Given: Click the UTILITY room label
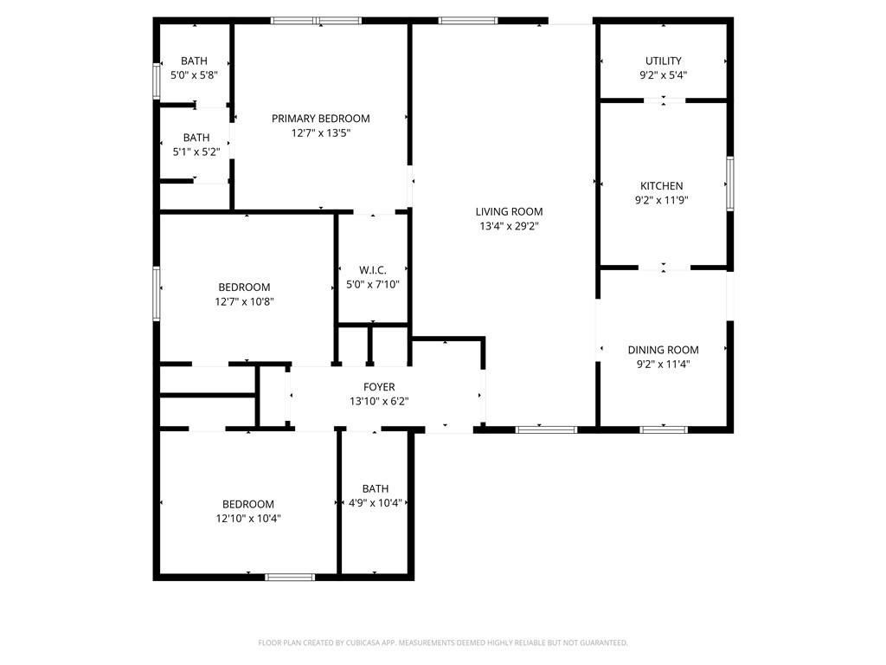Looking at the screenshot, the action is [x=664, y=61].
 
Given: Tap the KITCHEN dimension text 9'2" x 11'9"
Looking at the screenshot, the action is [x=662, y=200].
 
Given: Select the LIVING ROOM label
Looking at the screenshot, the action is [x=509, y=211].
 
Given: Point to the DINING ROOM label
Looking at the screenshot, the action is [x=664, y=350].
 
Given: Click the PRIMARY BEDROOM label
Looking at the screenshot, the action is [x=321, y=119].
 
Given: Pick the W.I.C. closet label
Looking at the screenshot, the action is [x=373, y=270].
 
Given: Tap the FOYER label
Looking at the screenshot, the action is [x=379, y=387].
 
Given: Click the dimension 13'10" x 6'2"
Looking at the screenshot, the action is [x=379, y=402].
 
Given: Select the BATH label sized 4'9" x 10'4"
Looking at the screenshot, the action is [x=376, y=488].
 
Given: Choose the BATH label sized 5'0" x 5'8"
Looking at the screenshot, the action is [x=194, y=61].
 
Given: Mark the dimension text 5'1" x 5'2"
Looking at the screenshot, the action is [x=196, y=152].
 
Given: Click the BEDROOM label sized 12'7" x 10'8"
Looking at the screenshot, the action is [x=244, y=287].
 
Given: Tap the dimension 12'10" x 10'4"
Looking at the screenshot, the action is [x=248, y=518].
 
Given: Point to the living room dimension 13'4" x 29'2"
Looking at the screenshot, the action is [x=509, y=226].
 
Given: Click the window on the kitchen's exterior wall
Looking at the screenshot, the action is [x=730, y=184].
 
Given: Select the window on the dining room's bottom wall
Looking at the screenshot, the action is [x=664, y=429].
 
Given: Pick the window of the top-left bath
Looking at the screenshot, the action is [x=157, y=81].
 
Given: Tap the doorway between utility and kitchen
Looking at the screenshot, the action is [x=664, y=100].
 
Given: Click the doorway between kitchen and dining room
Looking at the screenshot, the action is [x=664, y=268].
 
